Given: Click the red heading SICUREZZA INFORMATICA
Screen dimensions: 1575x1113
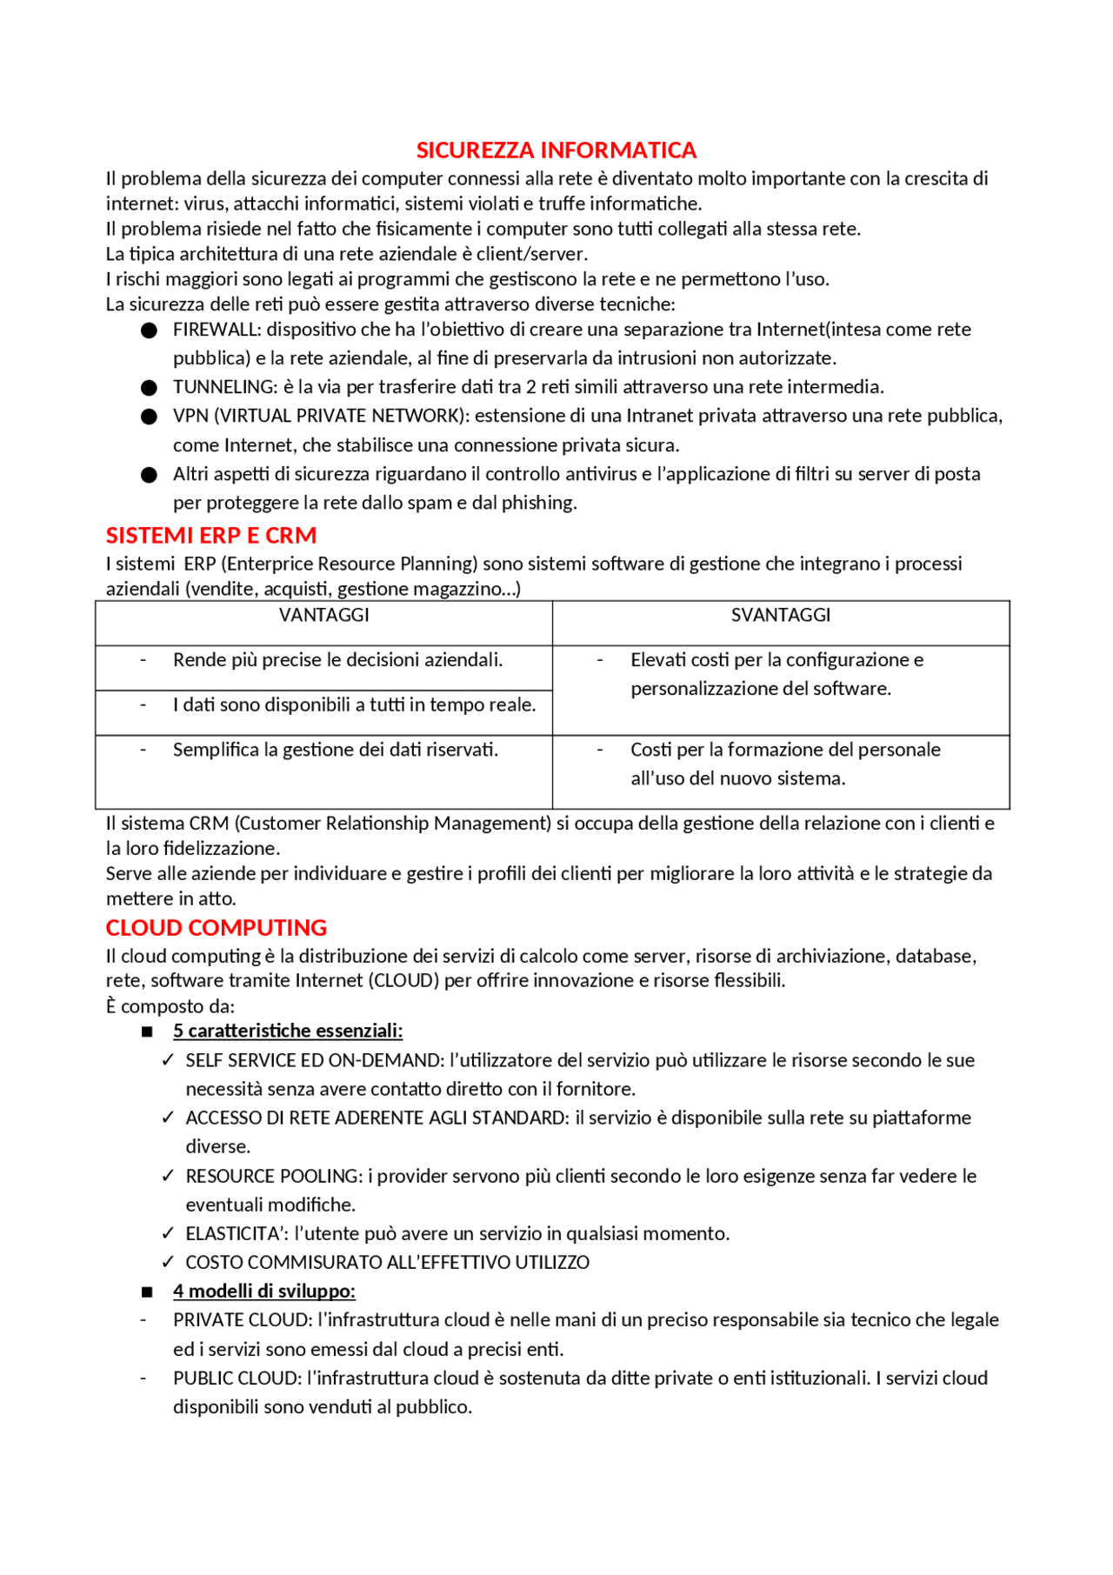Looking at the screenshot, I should pyautogui.click(x=556, y=150).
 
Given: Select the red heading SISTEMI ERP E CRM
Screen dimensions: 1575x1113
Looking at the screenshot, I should pyautogui.click(x=210, y=536).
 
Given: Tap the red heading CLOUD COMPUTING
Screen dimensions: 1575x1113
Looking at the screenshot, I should pyautogui.click(x=216, y=928).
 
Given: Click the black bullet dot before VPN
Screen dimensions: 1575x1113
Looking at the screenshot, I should pyautogui.click(x=149, y=417).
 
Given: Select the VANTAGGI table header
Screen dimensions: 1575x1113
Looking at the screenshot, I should pyautogui.click(x=323, y=616).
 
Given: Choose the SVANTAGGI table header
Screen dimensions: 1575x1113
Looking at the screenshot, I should pyautogui.click(x=780, y=616).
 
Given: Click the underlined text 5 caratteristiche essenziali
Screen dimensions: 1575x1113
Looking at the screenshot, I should pyautogui.click(x=288, y=1031).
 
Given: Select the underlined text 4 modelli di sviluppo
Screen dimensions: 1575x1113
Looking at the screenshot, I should pyautogui.click(x=264, y=1291).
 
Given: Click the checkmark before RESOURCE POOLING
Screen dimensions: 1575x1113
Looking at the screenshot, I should pyautogui.click(x=168, y=1177).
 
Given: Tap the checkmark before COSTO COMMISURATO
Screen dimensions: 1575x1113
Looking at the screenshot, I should pyautogui.click(x=168, y=1263).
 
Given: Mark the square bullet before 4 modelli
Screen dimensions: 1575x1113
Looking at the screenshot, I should pyautogui.click(x=147, y=1292).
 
